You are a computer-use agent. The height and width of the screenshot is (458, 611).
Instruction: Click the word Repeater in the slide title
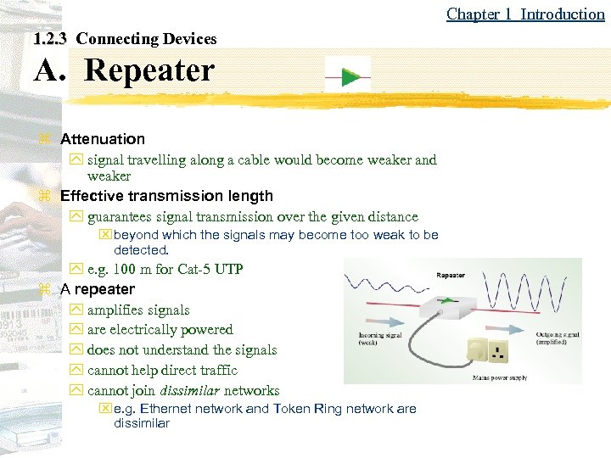click(x=149, y=70)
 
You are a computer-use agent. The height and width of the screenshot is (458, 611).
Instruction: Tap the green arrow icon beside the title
click(x=348, y=77)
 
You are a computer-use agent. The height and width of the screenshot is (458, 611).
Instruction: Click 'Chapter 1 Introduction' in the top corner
click(x=525, y=14)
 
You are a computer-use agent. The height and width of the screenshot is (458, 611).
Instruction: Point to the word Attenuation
click(x=103, y=139)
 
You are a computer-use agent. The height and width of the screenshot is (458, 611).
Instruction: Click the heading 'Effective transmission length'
click(x=166, y=196)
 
